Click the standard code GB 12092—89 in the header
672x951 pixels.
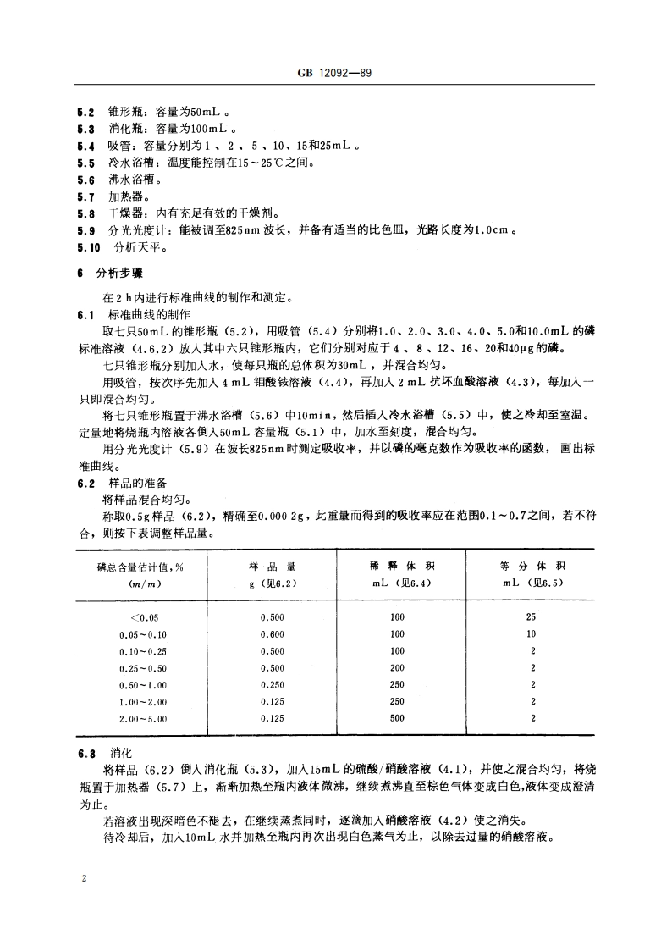[336, 75]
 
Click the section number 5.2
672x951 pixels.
[85, 111]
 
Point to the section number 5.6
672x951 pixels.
[85, 180]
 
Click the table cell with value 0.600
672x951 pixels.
[272, 633]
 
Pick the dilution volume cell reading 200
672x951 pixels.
[397, 667]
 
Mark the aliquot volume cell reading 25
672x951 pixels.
[532, 616]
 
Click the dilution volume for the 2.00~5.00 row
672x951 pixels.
[397, 718]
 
